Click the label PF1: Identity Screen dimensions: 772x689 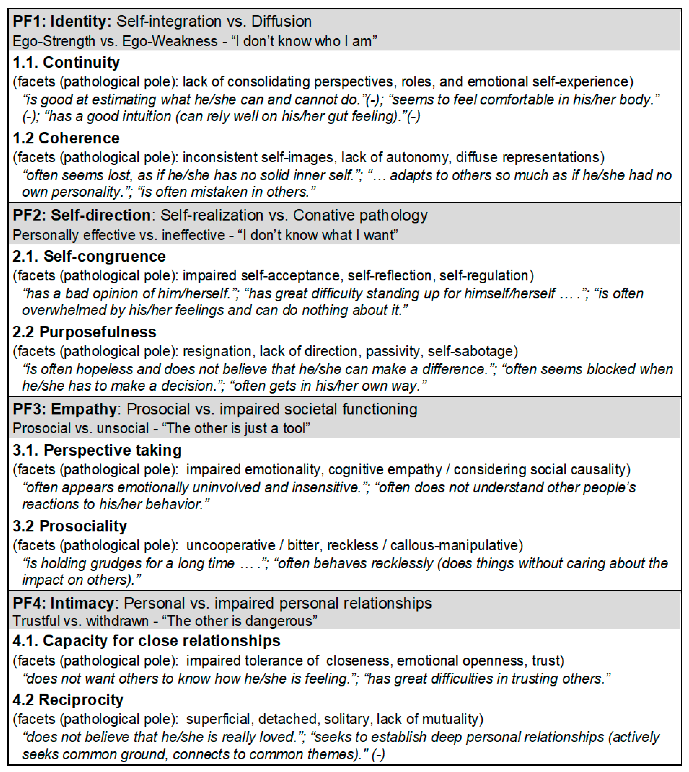pyautogui.click(x=62, y=22)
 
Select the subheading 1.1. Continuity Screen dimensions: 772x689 pyautogui.click(x=66, y=62)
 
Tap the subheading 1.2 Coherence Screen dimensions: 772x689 pyautogui.click(x=66, y=138)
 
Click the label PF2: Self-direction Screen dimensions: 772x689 pyautogui.click(x=82, y=215)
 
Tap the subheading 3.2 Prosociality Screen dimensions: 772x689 pyautogui.click(x=70, y=526)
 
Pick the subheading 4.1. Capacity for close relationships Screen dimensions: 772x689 pyautogui.click(x=147, y=641)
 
